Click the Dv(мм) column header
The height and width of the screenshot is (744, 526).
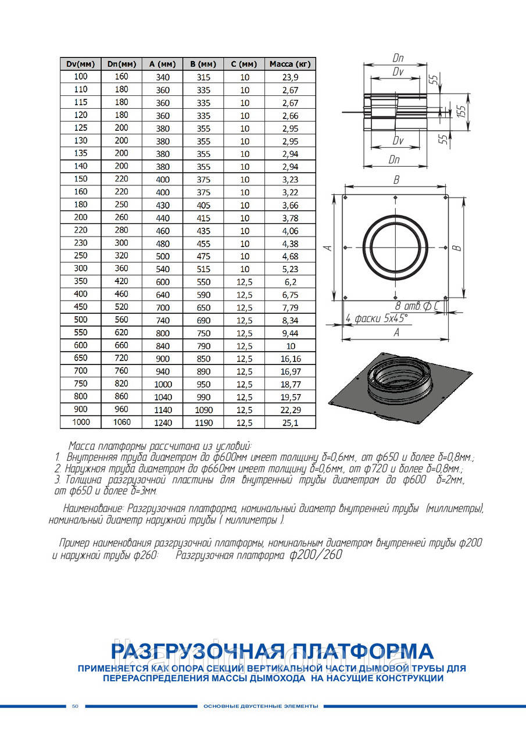(x=81, y=64)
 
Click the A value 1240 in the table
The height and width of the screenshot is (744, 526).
(x=163, y=423)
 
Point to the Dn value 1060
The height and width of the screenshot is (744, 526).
(x=121, y=423)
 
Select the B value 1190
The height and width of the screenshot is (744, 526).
(x=203, y=423)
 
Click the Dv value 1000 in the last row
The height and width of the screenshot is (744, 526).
(x=81, y=422)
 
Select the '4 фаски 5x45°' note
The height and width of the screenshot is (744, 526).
(x=377, y=318)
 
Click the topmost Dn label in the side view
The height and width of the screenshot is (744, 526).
(x=398, y=59)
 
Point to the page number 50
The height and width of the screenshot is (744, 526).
(x=75, y=706)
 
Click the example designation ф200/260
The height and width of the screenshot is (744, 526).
(x=314, y=555)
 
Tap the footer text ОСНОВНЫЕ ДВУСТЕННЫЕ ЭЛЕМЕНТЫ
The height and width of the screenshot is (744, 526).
(x=261, y=706)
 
